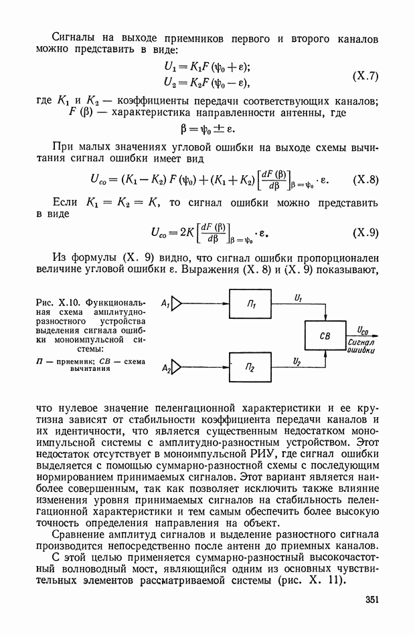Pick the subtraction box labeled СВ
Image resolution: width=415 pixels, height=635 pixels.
point(325,336)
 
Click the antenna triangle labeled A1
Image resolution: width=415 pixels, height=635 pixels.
point(176,305)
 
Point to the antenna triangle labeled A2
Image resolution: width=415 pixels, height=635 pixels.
point(177,367)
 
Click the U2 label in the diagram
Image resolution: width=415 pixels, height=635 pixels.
point(297,360)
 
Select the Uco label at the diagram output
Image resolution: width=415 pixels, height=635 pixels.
point(362,330)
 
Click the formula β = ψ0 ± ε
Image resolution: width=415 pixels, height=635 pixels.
point(207,129)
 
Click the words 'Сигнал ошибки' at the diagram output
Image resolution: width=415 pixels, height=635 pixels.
point(361,346)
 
